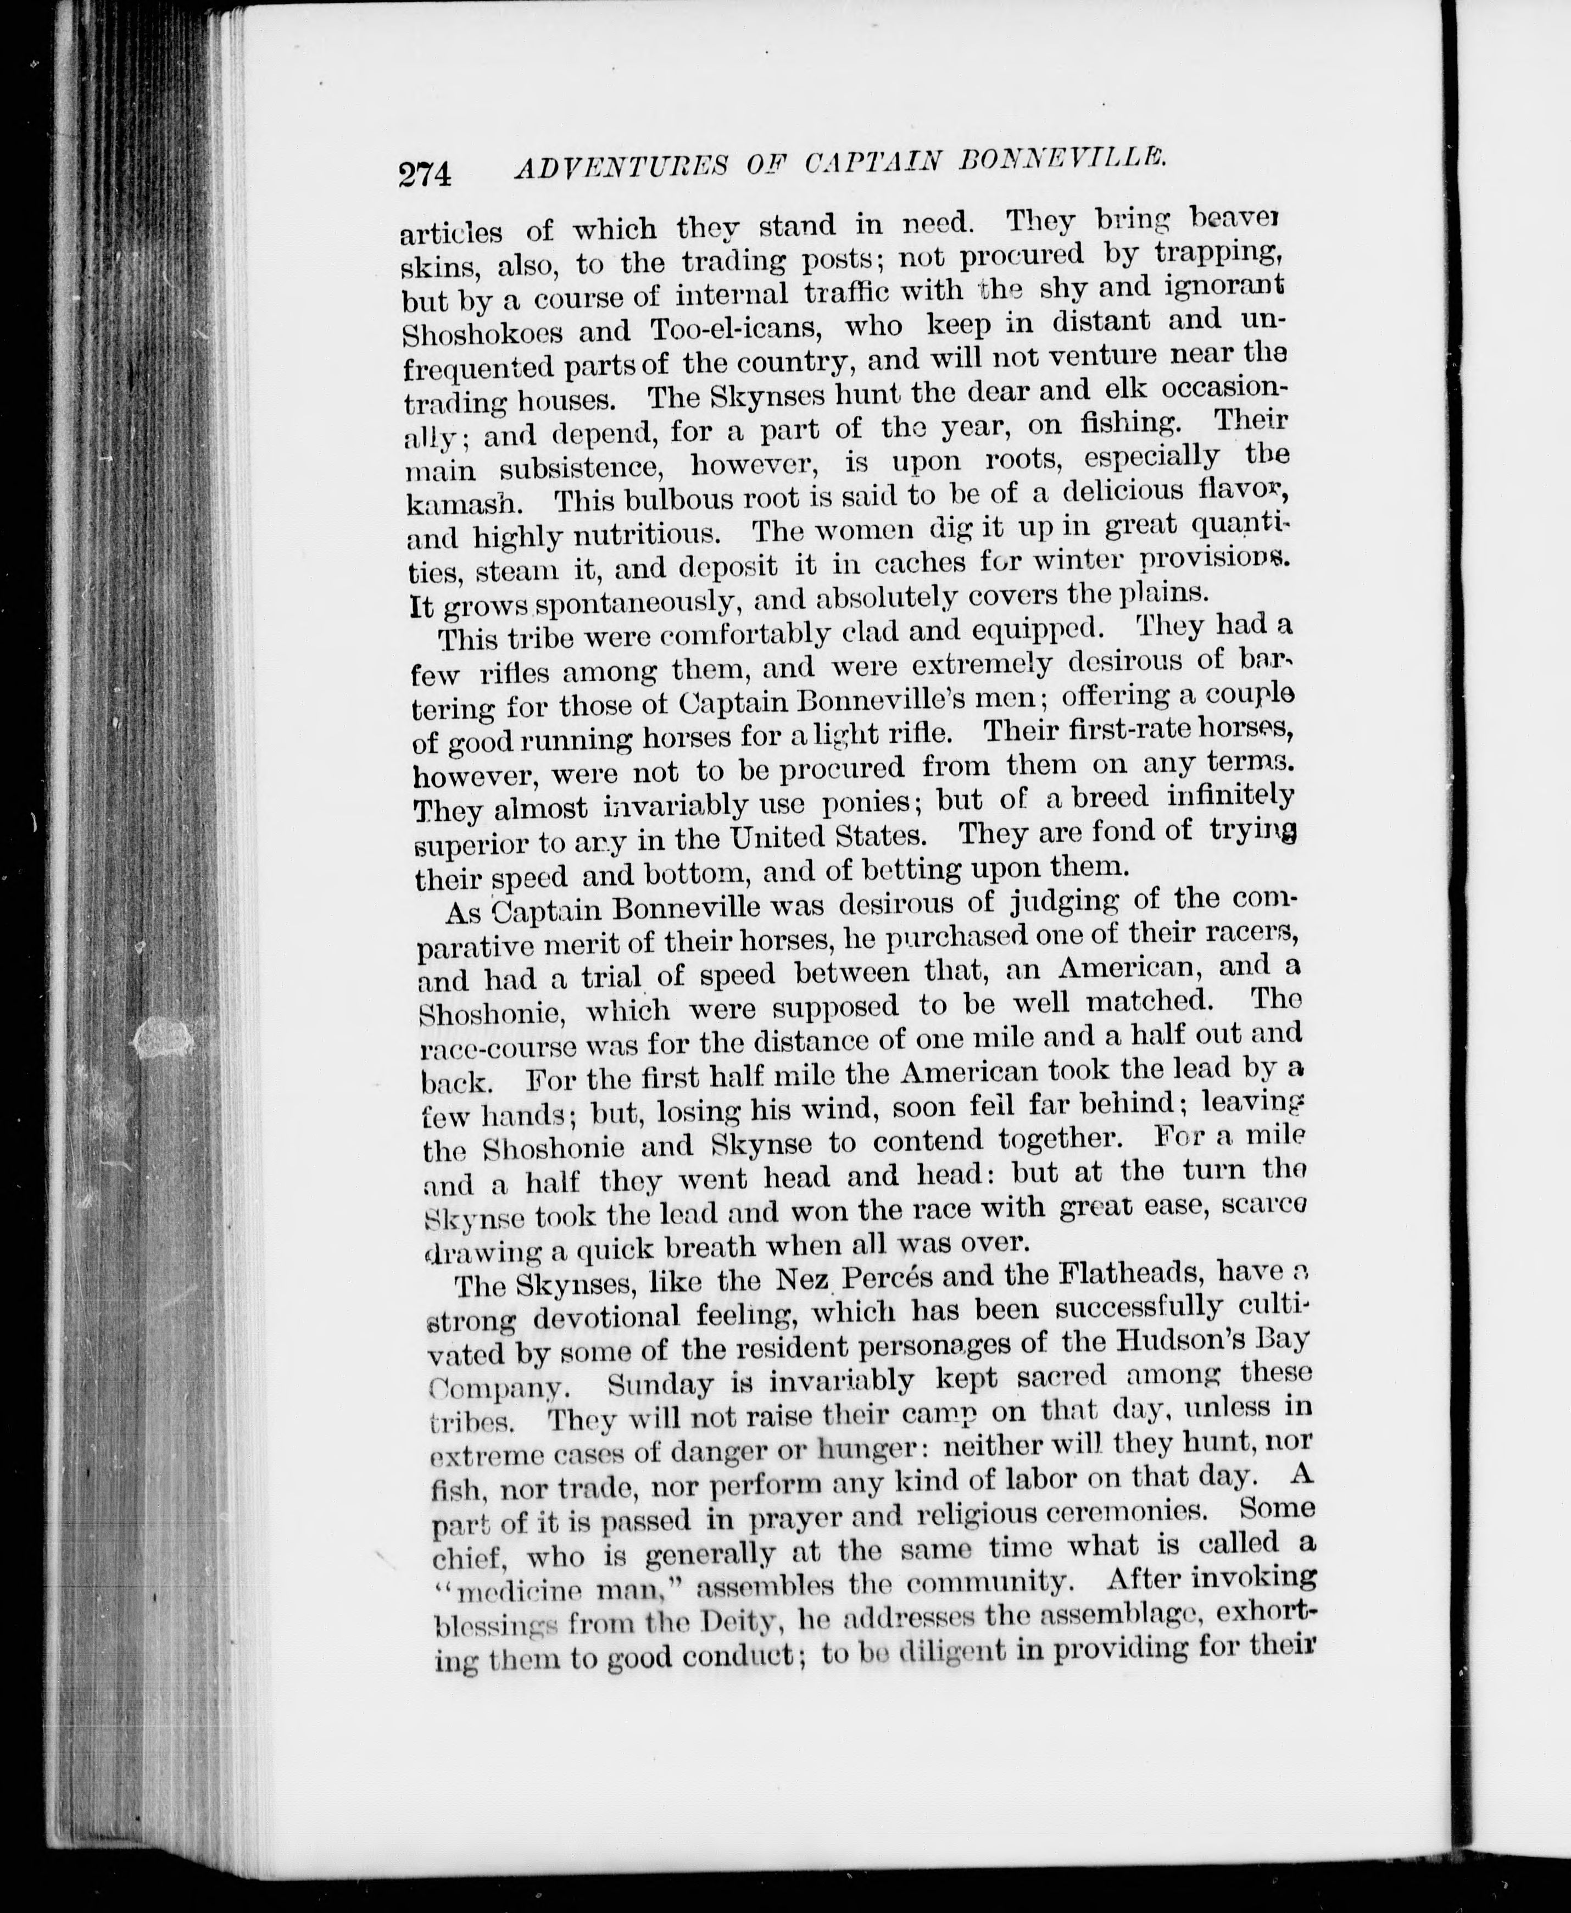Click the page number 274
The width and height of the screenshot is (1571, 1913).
425,172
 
